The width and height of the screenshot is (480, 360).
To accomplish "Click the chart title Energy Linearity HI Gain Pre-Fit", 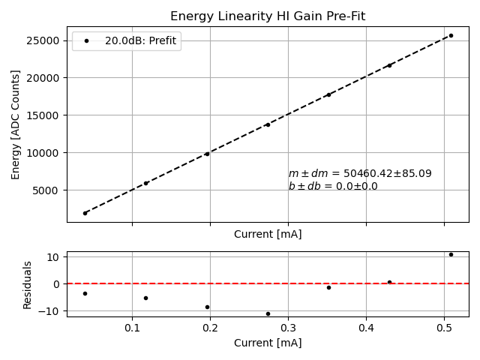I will click(x=268, y=16).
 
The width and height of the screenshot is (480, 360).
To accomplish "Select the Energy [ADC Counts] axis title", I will click(x=16, y=124).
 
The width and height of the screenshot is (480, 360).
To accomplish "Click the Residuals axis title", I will click(x=28, y=284).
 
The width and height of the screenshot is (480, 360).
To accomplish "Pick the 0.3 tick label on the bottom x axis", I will click(x=288, y=328).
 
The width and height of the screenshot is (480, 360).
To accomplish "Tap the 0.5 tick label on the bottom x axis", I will click(x=444, y=328).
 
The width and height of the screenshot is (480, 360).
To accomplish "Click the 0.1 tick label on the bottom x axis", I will click(x=132, y=328).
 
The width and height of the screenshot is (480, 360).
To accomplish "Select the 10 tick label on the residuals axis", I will click(x=54, y=257).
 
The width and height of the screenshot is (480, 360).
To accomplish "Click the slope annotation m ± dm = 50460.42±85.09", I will click(x=360, y=173).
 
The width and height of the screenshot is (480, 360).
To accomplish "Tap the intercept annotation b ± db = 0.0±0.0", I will click(x=333, y=186).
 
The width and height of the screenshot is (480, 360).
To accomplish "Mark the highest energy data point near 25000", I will click(x=451, y=35).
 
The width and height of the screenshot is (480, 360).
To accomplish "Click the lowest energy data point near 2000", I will click(x=85, y=213).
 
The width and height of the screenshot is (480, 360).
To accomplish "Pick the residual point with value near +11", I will click(x=451, y=254).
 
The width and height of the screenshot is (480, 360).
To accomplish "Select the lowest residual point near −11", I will click(x=268, y=313).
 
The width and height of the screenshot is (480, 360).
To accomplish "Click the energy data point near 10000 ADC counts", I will click(x=207, y=154).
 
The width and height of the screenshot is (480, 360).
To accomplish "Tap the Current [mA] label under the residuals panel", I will click(x=268, y=343).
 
